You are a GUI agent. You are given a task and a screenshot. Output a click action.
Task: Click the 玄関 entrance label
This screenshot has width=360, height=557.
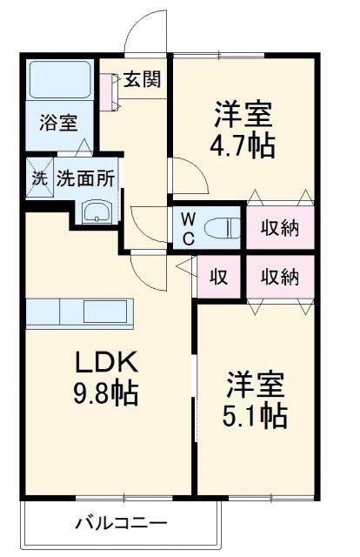click(141, 80)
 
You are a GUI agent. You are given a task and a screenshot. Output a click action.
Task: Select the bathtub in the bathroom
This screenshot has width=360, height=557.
click(59, 81)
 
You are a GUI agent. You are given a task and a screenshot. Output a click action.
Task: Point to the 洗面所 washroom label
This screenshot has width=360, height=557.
click(85, 179)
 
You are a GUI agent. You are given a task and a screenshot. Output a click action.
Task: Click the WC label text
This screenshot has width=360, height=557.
click(189, 229)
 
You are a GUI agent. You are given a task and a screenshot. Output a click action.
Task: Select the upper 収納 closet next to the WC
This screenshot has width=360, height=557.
click(280, 228)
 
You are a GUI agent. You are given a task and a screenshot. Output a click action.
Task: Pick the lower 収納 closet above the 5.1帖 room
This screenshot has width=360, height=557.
click(280, 278)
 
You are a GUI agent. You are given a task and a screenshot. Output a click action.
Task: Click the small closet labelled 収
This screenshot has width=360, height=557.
click(218, 278)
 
